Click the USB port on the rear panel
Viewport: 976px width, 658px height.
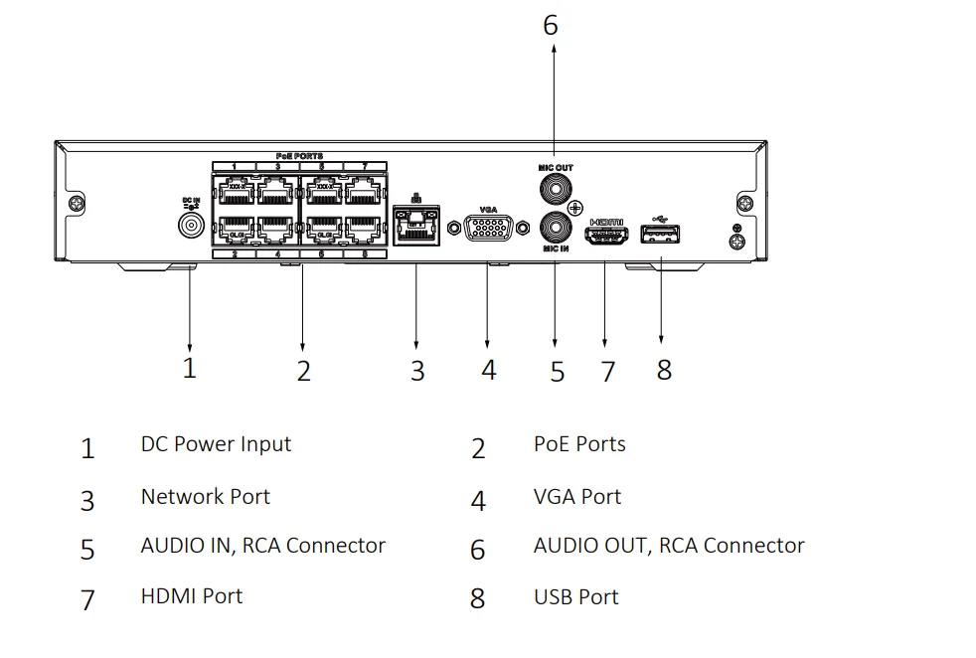(x=662, y=235)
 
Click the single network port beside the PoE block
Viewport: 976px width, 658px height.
(x=416, y=223)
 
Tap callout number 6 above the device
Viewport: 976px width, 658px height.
(x=551, y=25)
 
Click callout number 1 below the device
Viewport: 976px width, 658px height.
(x=189, y=368)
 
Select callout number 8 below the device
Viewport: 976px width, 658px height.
(x=664, y=370)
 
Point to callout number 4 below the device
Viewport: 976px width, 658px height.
(x=488, y=370)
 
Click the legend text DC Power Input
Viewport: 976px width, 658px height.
(x=216, y=444)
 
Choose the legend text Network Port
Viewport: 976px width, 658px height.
(x=205, y=496)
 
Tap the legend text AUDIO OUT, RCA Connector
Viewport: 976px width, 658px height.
(x=668, y=546)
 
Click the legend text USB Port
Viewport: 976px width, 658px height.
(x=575, y=597)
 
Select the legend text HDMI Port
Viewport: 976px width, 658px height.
(x=191, y=596)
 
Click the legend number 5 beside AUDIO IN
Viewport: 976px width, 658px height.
(x=87, y=550)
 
